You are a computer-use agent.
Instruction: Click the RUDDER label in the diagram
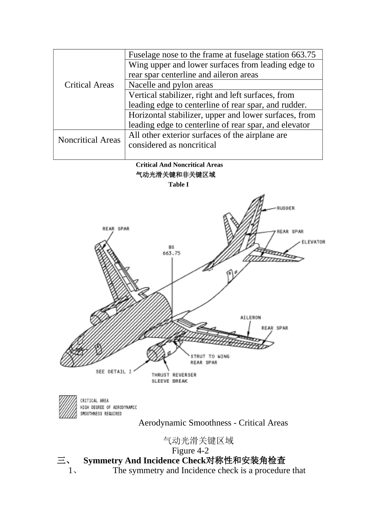[x=285, y=208]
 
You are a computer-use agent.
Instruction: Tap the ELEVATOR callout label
[x=313, y=242]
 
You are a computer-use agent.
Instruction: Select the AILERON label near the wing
[x=251, y=317]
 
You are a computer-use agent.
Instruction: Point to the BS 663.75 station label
[x=171, y=250]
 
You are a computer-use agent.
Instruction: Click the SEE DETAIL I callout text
[x=113, y=372]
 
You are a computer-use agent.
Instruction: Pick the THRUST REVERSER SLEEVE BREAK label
[x=174, y=378]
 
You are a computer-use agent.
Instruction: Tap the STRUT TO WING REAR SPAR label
[x=210, y=359]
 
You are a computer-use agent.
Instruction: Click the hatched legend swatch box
[x=68, y=407]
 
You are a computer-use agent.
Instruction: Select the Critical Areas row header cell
[x=89, y=85]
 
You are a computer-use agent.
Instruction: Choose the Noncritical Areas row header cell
[x=89, y=140]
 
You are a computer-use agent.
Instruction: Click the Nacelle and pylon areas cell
[x=171, y=85]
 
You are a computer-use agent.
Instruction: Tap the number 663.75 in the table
[x=303, y=55]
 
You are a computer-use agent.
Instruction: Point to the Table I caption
[x=179, y=184]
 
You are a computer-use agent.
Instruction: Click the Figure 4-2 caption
[x=190, y=450]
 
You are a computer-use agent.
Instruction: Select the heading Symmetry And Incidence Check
[x=184, y=460]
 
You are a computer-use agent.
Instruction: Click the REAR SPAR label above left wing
[x=116, y=228]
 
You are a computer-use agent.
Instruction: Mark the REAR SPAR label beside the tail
[x=290, y=232]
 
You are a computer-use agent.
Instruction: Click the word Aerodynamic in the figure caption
[x=162, y=423]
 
